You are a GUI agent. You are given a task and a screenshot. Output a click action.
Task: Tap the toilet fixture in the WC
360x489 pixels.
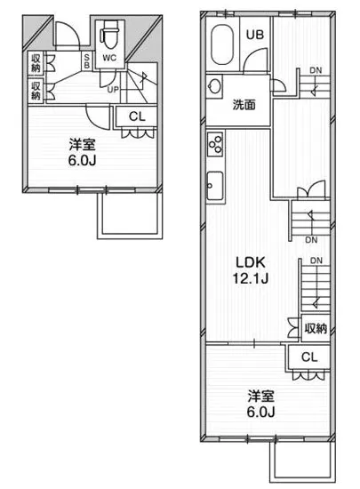pos(109,35)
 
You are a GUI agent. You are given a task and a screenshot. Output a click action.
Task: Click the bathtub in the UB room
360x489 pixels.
pos(221,44)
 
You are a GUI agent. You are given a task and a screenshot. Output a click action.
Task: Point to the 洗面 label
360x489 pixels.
pos(245,104)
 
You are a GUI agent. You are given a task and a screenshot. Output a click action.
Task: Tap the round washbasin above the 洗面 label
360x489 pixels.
pos(214,87)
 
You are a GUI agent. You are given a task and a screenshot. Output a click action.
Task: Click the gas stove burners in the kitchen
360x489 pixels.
pos(214,142)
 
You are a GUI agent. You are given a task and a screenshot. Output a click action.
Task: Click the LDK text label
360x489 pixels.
pos(251,263)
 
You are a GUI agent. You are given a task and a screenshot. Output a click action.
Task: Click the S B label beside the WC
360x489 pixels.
pos(86,60)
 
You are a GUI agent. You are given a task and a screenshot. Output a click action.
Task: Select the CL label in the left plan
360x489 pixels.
pos(137,116)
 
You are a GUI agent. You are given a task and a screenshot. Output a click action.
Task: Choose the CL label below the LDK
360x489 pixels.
pos(308,357)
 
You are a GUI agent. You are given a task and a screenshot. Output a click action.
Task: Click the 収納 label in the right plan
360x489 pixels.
pos(316,328)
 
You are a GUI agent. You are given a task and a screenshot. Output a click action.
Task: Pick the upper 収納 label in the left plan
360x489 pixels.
pos(36,62)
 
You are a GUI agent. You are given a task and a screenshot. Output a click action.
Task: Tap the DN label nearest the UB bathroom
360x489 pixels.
pos(315,70)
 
